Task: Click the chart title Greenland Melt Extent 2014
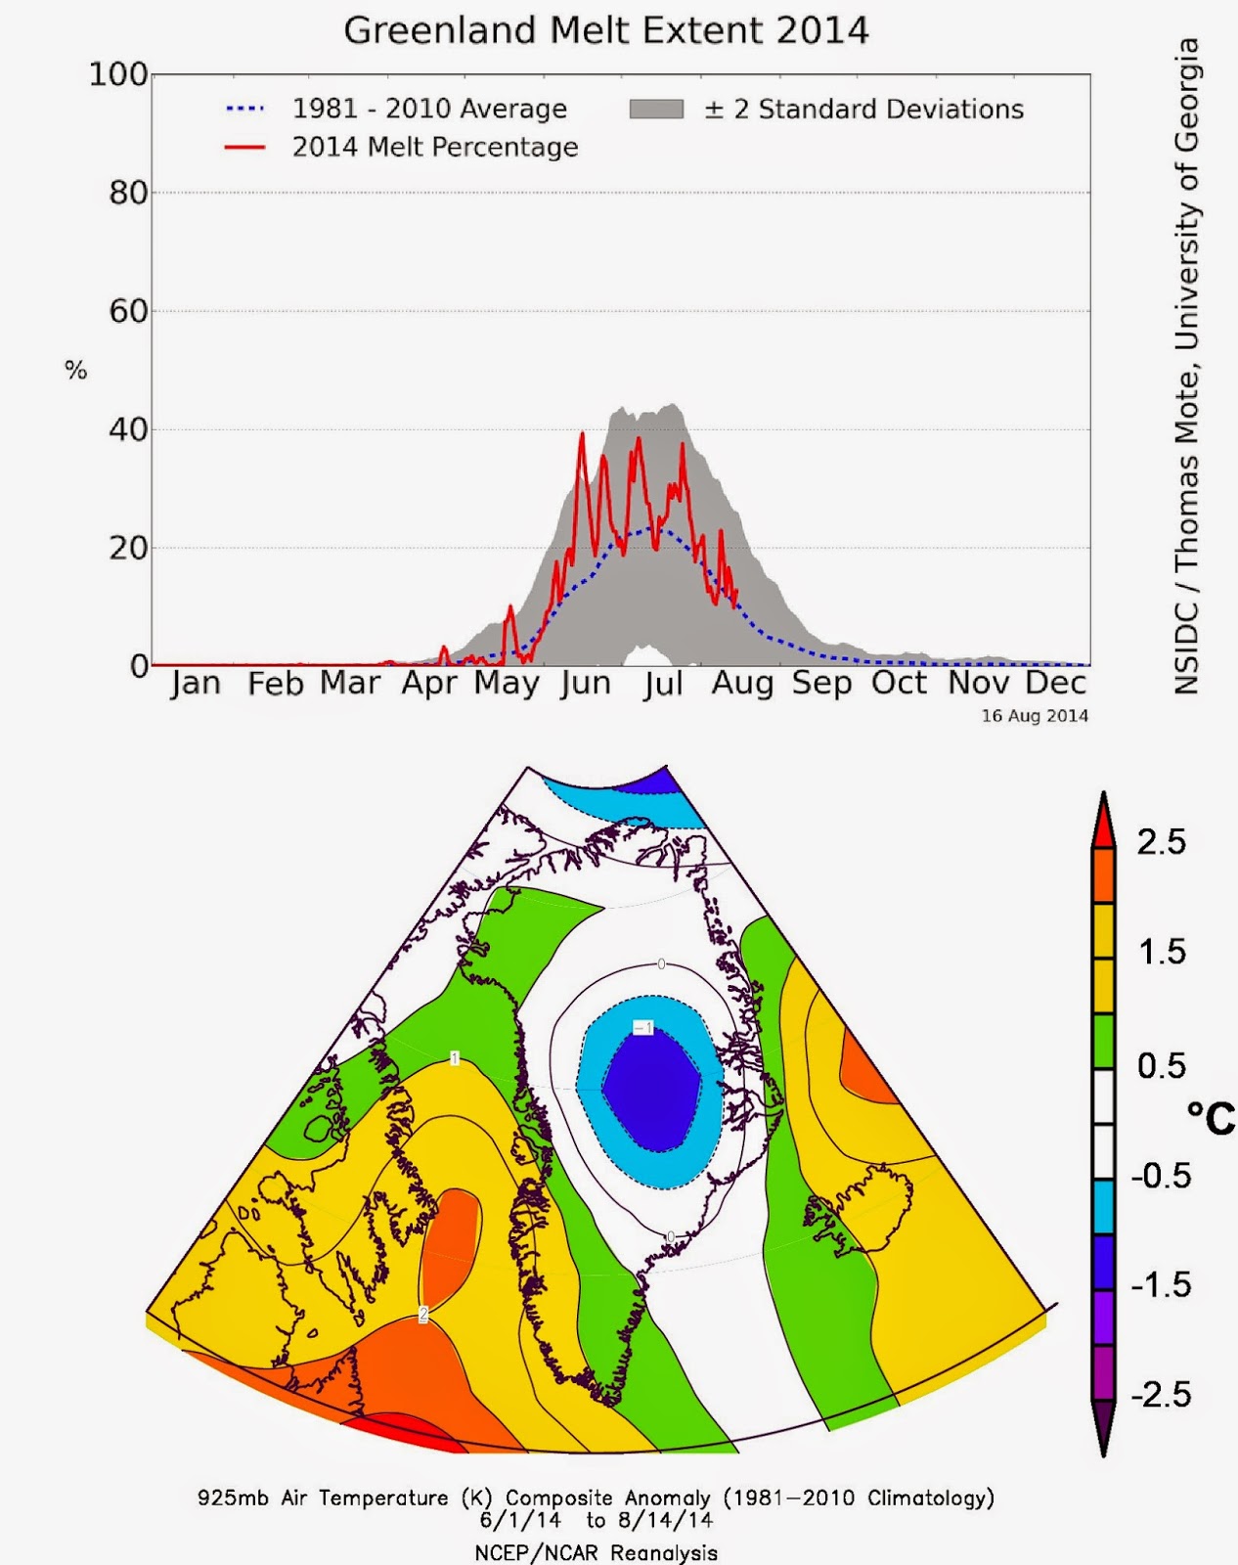coord(606,30)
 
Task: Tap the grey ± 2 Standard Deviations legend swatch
coord(656,110)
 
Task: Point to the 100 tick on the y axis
coord(118,74)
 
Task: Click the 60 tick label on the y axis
coord(128,311)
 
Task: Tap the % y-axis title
coord(75,370)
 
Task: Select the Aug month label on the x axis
coord(742,683)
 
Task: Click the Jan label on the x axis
coord(196,683)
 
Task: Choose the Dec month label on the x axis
coord(1056,683)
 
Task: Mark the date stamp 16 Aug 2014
coord(1035,716)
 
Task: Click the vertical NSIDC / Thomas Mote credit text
coord(1186,367)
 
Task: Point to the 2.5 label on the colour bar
coord(1161,842)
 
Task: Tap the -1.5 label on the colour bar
coord(1161,1284)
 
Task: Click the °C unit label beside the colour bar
coord(1211,1117)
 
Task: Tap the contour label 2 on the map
coord(423,1315)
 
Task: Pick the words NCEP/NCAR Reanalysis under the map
coord(596,1552)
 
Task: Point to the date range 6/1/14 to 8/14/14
coord(596,1520)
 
